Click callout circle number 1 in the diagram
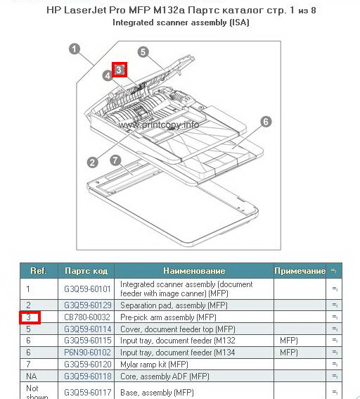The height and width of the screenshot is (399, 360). (75, 49)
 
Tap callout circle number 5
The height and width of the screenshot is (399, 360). (143, 52)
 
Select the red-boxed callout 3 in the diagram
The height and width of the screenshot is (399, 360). (120, 70)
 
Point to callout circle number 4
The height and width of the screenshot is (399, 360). (108, 75)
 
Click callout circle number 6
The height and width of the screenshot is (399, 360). (266, 122)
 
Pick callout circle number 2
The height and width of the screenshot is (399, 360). (92, 162)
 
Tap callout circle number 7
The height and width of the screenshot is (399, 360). (115, 160)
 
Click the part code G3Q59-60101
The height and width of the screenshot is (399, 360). (87, 289)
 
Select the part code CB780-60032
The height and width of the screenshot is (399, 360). (87, 317)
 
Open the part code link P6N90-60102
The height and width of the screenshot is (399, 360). (87, 353)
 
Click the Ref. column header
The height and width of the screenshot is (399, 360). (39, 270)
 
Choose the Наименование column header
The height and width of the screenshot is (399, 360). (194, 271)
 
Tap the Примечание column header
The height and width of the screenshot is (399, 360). (300, 271)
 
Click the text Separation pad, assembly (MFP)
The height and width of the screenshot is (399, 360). (174, 305)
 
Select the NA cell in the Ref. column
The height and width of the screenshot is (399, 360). (32, 376)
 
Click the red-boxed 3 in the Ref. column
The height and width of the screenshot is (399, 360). (30, 317)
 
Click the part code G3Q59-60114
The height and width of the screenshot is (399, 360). (87, 329)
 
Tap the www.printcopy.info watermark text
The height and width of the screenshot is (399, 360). (159, 125)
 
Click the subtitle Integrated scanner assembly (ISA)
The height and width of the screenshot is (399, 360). (181, 23)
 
